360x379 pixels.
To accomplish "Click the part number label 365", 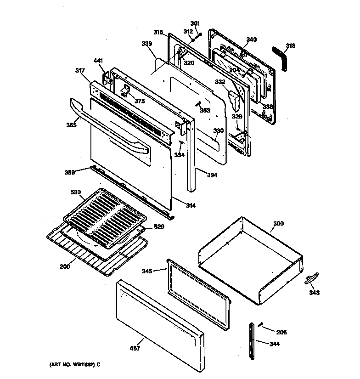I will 71,124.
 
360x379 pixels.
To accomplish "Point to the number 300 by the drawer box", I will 278,224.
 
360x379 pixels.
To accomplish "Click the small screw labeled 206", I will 260,325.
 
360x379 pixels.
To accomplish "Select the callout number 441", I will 98,61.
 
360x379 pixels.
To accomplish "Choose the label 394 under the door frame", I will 212,175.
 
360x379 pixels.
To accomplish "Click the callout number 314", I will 190,205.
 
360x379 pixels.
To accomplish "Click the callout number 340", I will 251,40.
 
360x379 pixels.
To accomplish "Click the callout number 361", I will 195,23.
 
